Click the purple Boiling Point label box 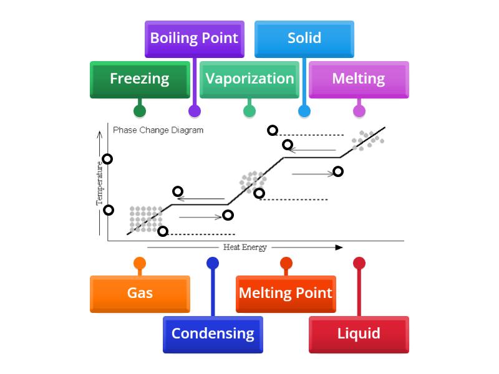click(194, 39)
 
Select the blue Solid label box click(304, 39)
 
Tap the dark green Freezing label click(140, 79)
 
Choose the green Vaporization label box click(249, 79)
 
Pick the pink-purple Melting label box click(359, 79)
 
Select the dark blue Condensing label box click(213, 334)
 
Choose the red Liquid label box click(359, 334)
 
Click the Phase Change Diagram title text click(158, 130)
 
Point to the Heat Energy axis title click(245, 247)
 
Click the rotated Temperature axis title click(99, 185)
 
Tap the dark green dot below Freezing click(140, 112)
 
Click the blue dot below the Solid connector click(304, 112)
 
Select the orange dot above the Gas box click(140, 263)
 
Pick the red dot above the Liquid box click(359, 263)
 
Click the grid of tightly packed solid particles click(145, 219)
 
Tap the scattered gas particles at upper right click(366, 140)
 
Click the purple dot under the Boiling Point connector click(195, 112)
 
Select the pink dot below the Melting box click(359, 112)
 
